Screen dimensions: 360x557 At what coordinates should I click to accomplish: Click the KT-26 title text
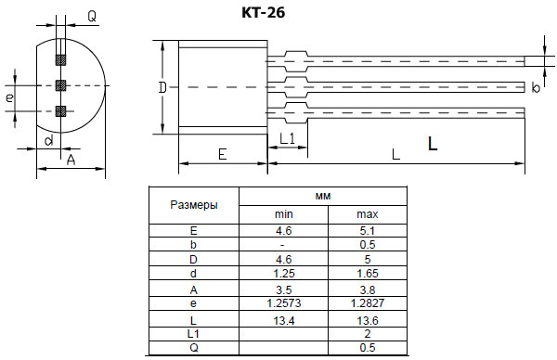(x=263, y=14)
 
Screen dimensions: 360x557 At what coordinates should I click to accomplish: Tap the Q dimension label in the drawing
(x=92, y=16)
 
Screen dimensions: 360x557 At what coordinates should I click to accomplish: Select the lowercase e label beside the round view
(x=9, y=96)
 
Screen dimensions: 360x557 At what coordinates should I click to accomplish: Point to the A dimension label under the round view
(x=71, y=160)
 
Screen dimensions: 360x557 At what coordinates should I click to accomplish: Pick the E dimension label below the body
(x=222, y=155)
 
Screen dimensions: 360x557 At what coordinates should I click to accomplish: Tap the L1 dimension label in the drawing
(x=287, y=138)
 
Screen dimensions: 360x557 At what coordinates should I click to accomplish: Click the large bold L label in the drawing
(x=433, y=144)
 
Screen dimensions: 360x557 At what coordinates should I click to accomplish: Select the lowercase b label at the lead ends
(x=536, y=88)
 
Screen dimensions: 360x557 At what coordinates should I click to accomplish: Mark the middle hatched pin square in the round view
(x=60, y=85)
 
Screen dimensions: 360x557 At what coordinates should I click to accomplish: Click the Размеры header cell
(x=193, y=204)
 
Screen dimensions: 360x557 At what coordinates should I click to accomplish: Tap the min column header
(x=284, y=214)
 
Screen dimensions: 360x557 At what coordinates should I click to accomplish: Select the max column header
(x=368, y=214)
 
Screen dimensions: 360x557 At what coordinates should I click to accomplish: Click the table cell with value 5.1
(x=368, y=229)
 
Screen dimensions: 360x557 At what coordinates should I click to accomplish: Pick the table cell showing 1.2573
(x=284, y=303)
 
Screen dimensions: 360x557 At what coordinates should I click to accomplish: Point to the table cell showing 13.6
(x=368, y=319)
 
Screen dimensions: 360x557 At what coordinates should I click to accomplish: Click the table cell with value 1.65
(x=368, y=275)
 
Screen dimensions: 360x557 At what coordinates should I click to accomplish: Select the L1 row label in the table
(x=193, y=333)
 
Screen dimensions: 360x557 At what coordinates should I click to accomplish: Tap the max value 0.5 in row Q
(x=368, y=348)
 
